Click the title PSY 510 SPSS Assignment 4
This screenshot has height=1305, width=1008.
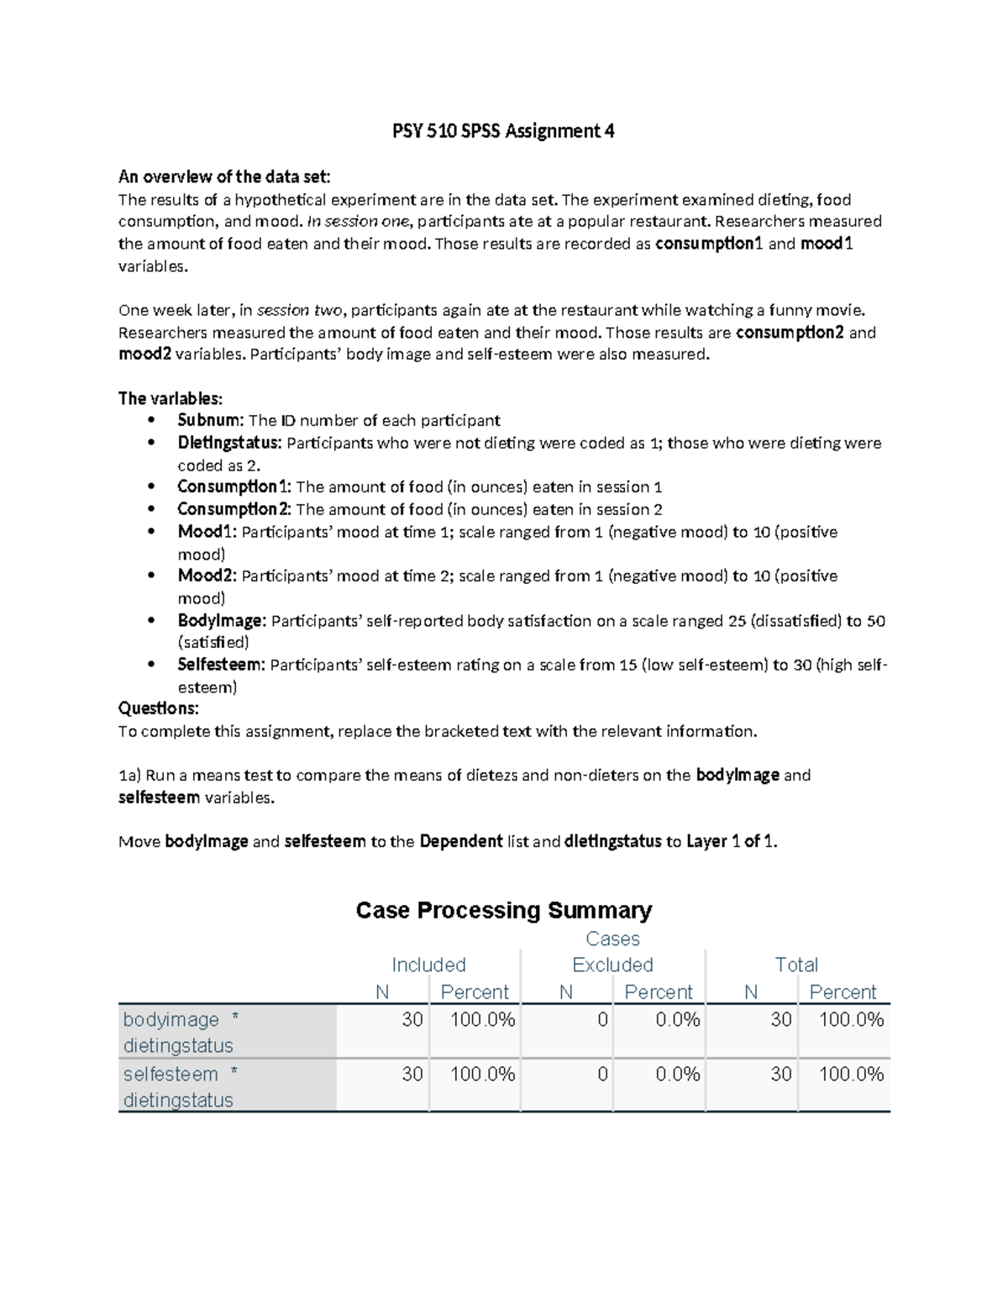[504, 131]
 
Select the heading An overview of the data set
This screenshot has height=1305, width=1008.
[224, 176]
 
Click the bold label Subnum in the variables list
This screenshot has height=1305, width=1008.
[210, 420]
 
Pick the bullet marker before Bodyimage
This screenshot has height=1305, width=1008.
[151, 621]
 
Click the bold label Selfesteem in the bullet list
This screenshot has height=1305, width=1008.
[221, 665]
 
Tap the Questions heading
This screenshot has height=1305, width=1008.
[159, 708]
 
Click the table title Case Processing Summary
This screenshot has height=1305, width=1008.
[504, 910]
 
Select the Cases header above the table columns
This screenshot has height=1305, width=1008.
[612, 939]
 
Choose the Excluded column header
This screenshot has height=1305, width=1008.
[612, 965]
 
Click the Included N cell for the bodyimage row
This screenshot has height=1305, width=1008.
[412, 1019]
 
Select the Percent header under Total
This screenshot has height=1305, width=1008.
[843, 992]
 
